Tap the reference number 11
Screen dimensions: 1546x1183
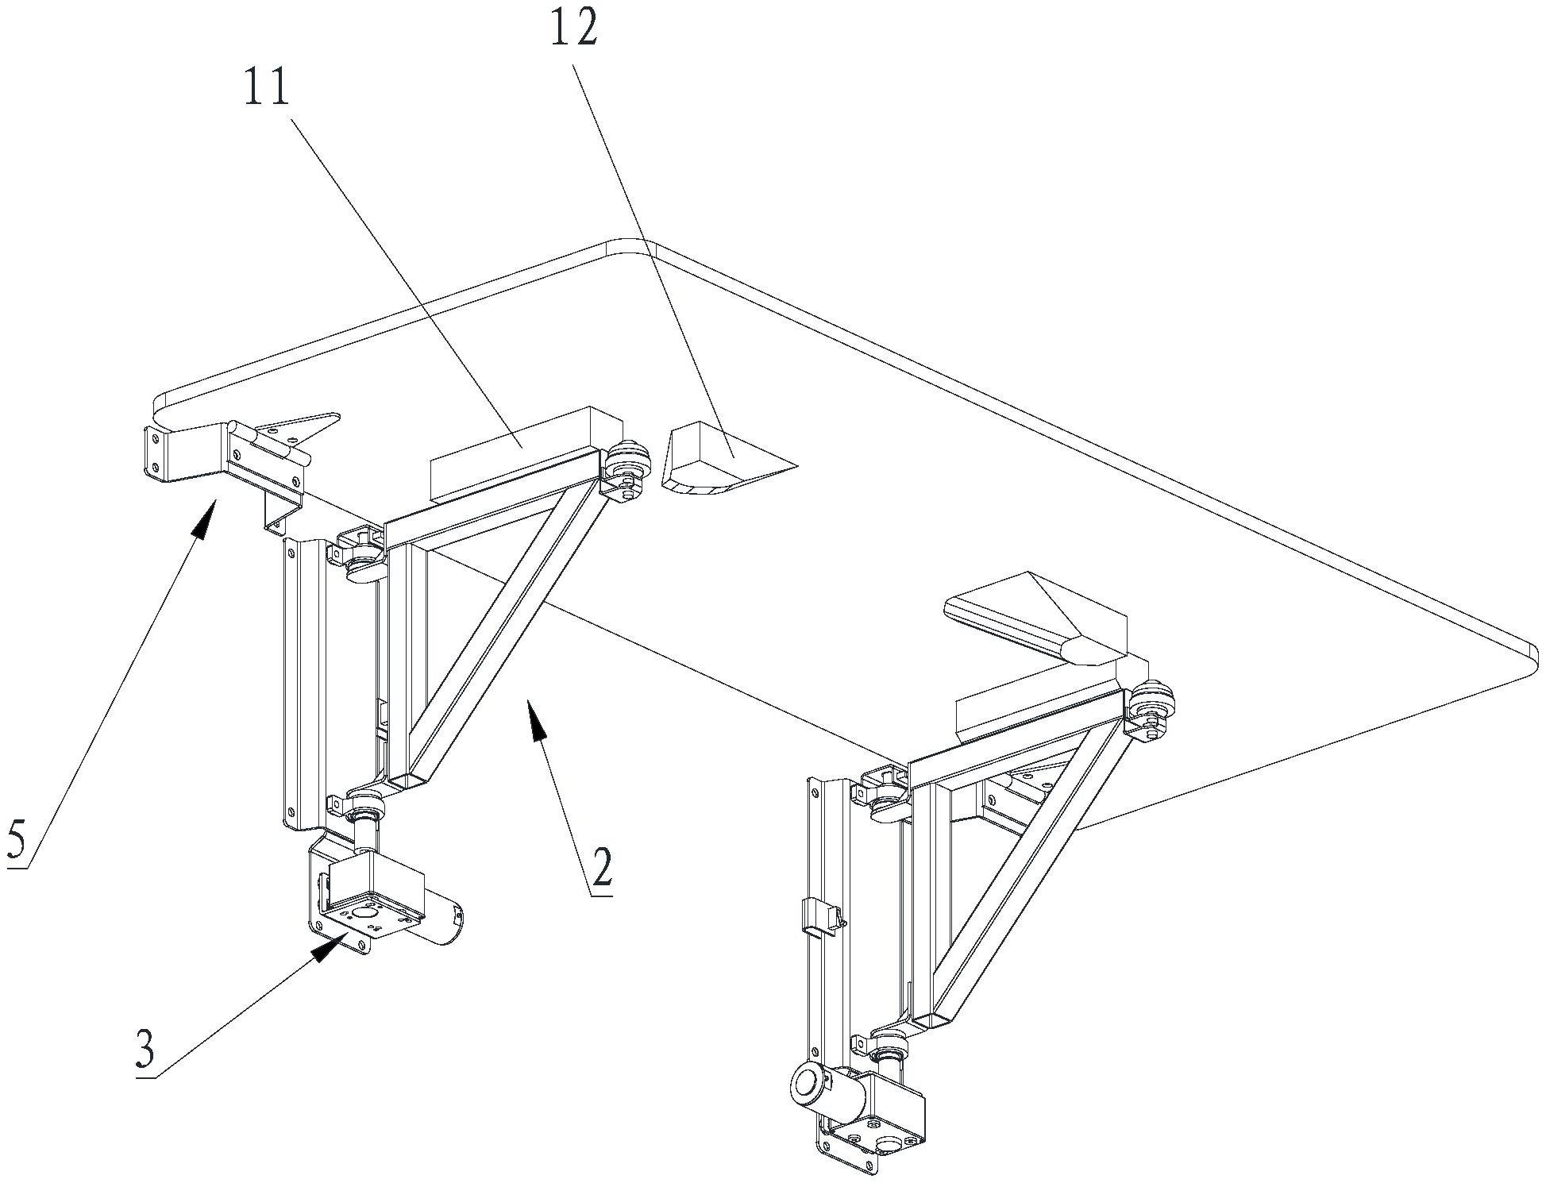[267, 88]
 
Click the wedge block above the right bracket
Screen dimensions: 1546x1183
[1032, 615]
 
